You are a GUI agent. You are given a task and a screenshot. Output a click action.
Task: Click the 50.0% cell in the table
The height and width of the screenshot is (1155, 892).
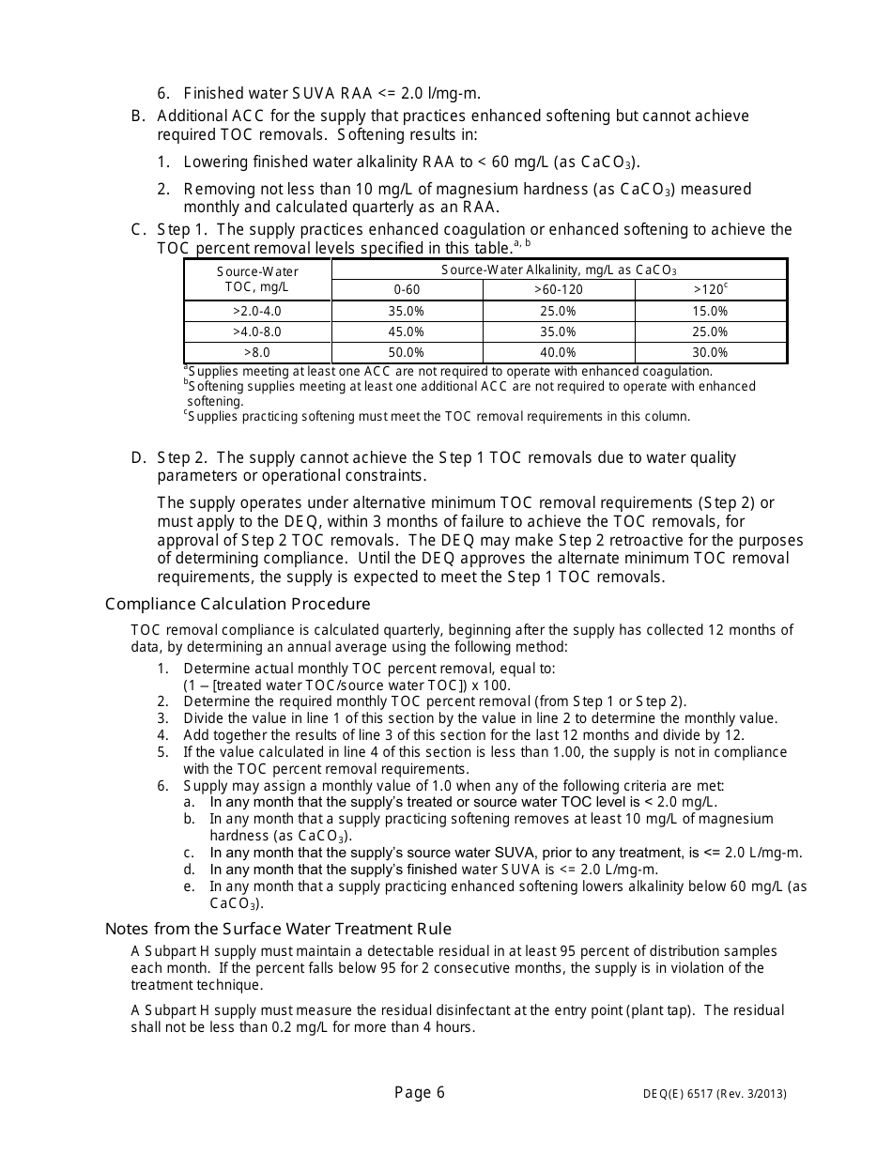pyautogui.click(x=407, y=353)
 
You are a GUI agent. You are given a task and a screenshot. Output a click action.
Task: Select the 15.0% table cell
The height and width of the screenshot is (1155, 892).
pyautogui.click(x=710, y=311)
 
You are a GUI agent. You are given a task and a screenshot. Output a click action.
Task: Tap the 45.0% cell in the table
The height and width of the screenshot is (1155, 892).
pyautogui.click(x=407, y=331)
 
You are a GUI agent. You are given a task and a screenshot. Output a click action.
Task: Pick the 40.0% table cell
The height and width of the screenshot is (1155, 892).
pyautogui.click(x=558, y=353)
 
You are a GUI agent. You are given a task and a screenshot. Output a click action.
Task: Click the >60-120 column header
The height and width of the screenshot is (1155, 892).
pyautogui.click(x=559, y=289)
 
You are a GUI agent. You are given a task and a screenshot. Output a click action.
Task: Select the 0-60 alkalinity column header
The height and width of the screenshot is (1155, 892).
pyautogui.click(x=407, y=289)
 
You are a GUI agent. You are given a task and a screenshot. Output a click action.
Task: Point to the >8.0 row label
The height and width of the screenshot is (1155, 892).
pyautogui.click(x=256, y=353)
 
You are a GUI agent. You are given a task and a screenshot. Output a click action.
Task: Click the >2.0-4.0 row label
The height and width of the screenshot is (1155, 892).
pyautogui.click(x=256, y=311)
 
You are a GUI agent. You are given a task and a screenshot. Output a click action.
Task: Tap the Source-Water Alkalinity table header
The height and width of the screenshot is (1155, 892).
pyautogui.click(x=559, y=269)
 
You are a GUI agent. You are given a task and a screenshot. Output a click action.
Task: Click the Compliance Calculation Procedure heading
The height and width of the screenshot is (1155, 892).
pyautogui.click(x=238, y=604)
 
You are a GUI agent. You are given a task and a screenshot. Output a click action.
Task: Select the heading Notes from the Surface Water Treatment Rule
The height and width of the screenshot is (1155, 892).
pyautogui.click(x=278, y=929)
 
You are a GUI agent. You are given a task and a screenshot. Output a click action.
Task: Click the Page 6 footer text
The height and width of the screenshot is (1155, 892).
pyautogui.click(x=420, y=1092)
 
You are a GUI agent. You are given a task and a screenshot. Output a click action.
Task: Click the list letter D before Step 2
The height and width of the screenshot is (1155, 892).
pyautogui.click(x=138, y=458)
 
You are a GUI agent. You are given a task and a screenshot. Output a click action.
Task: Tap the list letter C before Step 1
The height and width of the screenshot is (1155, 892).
pyautogui.click(x=138, y=230)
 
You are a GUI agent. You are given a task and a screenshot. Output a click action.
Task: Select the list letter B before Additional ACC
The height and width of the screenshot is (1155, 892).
pyautogui.click(x=138, y=116)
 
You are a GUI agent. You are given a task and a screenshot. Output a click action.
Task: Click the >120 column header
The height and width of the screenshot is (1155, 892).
pyautogui.click(x=710, y=289)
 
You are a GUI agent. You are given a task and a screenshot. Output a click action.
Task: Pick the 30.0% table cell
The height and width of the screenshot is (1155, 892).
pyautogui.click(x=710, y=353)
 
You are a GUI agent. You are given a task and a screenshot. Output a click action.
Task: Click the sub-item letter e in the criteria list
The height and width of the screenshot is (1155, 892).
pyautogui.click(x=189, y=886)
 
